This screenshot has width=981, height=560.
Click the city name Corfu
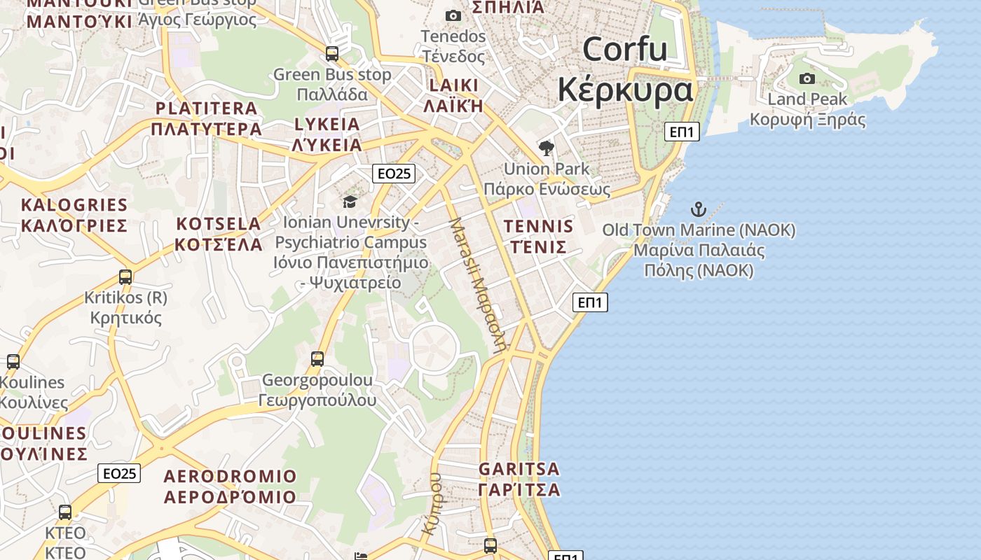[624, 49]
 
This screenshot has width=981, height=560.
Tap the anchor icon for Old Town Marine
[698, 209]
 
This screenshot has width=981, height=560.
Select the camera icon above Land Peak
[807, 78]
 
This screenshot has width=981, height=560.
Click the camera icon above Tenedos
[453, 15]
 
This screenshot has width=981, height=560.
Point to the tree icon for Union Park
[547, 148]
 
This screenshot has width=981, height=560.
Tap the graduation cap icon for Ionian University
[349, 202]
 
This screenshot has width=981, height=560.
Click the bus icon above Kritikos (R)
[125, 277]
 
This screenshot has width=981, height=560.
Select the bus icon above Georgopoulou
[317, 359]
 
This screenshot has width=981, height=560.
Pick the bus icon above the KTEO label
[65, 512]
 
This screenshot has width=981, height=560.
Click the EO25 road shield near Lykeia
[394, 174]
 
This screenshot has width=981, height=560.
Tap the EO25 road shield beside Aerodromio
[119, 473]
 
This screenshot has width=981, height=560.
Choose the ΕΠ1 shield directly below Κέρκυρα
[682, 131]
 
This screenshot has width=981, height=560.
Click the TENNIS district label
[538, 226]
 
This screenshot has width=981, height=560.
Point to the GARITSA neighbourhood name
[519, 468]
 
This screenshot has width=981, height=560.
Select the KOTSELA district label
[218, 224]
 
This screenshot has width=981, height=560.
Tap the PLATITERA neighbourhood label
[206, 108]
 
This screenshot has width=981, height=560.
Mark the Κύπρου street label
[432, 504]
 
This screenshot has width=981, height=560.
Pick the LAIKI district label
[454, 85]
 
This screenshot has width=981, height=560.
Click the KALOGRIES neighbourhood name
[74, 205]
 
